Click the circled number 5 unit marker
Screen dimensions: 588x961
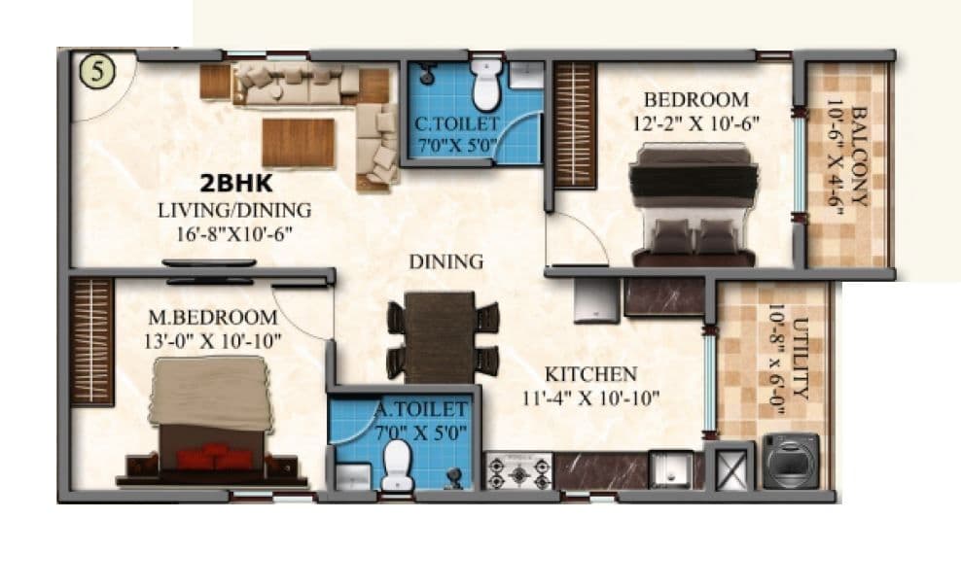pyautogui.click(x=97, y=72)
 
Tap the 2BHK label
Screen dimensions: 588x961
pyautogui.click(x=235, y=184)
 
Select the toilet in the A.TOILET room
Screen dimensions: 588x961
pyautogui.click(x=397, y=466)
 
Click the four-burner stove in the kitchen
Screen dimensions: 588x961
pyautogui.click(x=519, y=471)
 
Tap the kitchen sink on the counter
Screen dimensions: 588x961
pyautogui.click(x=670, y=469)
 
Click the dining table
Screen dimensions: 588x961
pyautogui.click(x=442, y=336)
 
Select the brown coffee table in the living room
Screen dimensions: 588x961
pyautogui.click(x=298, y=142)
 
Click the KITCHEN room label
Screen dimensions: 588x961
pyautogui.click(x=590, y=374)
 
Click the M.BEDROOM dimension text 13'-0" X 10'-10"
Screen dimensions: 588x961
pyautogui.click(x=214, y=339)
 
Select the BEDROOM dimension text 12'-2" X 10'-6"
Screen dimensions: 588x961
pyautogui.click(x=696, y=122)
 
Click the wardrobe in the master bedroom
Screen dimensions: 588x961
pyautogui.click(x=92, y=340)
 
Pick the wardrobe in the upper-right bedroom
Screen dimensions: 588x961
pyautogui.click(x=574, y=124)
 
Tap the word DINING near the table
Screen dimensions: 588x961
pyautogui.click(x=445, y=261)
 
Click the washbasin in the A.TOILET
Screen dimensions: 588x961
pyautogui.click(x=351, y=476)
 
